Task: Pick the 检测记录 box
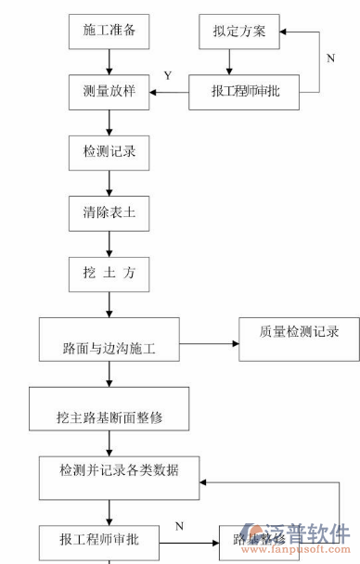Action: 109,150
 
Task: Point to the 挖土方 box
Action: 109,274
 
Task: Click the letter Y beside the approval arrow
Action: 167,76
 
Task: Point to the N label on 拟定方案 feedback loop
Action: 330,58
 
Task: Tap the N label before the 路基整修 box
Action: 179,527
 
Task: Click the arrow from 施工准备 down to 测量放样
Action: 109,61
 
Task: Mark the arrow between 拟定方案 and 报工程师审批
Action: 230,61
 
